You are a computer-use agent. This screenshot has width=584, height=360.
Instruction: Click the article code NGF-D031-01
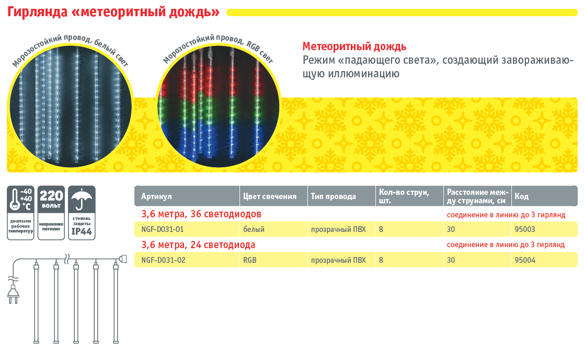[x=163, y=229]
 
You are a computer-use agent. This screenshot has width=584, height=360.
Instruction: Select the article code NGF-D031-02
[x=163, y=260]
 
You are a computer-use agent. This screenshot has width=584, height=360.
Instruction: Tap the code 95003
[x=525, y=229]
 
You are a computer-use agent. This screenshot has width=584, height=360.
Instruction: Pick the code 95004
[x=525, y=260]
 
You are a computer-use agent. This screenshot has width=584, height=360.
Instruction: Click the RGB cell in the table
[x=249, y=260]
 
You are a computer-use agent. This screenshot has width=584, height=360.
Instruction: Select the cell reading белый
[x=254, y=229]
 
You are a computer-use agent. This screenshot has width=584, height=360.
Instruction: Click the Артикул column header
[x=156, y=196]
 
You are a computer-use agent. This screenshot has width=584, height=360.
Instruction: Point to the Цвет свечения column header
[x=270, y=196]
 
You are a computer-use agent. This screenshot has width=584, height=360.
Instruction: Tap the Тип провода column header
[x=334, y=196]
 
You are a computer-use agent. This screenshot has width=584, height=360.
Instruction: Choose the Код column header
[x=521, y=196]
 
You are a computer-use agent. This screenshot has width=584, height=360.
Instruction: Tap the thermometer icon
[x=15, y=200]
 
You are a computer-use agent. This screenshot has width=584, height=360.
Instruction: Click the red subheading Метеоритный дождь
[x=354, y=47]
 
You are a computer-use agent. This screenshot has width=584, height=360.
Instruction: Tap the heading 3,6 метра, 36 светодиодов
[x=201, y=214]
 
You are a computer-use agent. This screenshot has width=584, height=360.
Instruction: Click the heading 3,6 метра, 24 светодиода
[x=198, y=245]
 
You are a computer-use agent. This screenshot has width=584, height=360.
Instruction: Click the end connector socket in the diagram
[x=123, y=259]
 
